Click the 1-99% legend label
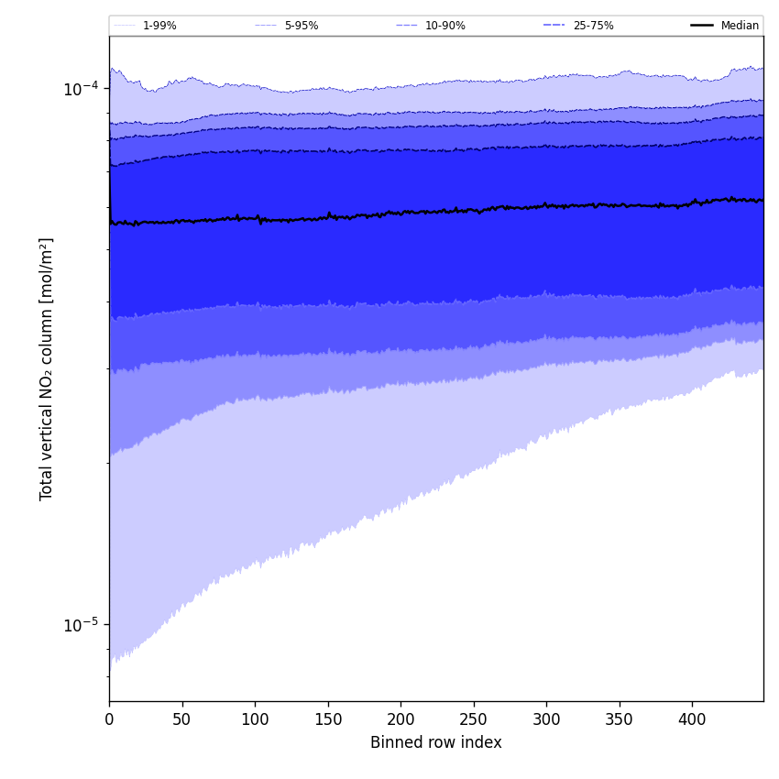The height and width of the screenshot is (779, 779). coord(159,26)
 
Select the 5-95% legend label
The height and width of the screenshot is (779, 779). coord(301,26)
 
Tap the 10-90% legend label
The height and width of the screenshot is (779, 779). coord(444,26)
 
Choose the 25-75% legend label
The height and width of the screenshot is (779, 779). coord(593,26)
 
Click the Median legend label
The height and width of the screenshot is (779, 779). coord(740,26)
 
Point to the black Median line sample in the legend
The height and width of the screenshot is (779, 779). coord(702,26)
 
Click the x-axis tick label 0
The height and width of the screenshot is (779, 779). coord(109,720)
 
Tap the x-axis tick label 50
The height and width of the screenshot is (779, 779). coord(181,720)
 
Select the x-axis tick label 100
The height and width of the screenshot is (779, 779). coord(255,720)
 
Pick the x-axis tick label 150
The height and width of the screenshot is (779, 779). coord(327,720)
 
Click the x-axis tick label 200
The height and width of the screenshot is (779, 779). coord(400,720)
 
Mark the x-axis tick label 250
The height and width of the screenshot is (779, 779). coord(473,720)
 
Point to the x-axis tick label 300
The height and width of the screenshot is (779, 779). coord(546,720)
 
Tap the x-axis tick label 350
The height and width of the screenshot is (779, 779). coord(619,720)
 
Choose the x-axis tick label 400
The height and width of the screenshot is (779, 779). coord(692,720)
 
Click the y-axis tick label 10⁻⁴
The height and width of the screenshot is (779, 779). coord(81,88)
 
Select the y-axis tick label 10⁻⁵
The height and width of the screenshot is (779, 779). coord(81,625)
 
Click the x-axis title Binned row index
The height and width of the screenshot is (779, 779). coord(436,742)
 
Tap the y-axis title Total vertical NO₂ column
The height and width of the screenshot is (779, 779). coord(47,368)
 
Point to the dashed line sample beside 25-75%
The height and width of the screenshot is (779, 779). coord(554,26)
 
